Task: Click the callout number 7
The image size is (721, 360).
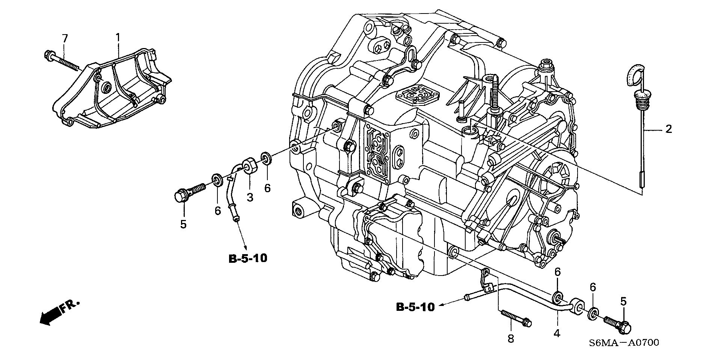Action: pos(65,38)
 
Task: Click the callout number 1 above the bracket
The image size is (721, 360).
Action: pos(118,37)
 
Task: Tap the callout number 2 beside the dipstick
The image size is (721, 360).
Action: pos(668,130)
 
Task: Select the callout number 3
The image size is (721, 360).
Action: pos(250,197)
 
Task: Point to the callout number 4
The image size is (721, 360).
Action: pos(557,333)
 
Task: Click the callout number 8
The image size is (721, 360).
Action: pos(510,339)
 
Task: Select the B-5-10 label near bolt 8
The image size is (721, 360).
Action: pos(415,307)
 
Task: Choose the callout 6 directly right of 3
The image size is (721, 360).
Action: pos(267,188)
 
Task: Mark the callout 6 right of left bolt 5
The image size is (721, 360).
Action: pos(218,211)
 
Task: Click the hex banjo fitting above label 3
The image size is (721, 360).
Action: pos(249,166)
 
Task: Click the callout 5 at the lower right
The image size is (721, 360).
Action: pos(623,301)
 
